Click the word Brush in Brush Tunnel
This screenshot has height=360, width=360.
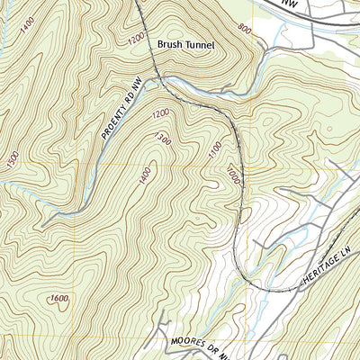(172, 43)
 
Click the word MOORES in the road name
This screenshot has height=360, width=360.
(186, 344)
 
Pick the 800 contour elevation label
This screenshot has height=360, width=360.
(245, 29)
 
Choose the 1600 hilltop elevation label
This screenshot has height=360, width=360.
(59, 300)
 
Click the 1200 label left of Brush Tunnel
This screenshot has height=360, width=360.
(135, 40)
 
